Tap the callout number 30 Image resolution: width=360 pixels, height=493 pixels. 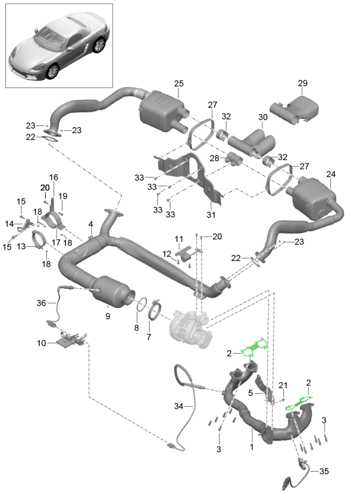point(262,117)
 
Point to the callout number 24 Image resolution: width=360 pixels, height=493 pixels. point(331,174)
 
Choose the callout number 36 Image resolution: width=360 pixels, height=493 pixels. point(41,303)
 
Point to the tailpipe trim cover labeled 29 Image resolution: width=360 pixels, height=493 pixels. point(298,108)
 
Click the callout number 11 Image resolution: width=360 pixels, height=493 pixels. point(178,238)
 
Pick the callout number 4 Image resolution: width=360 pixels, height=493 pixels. point(91,224)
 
